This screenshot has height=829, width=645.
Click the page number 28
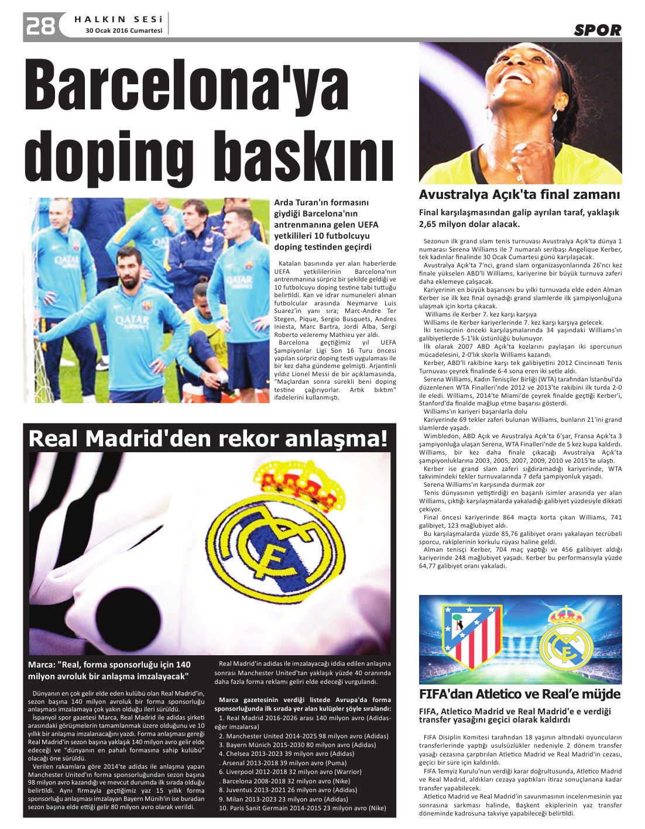point(40,26)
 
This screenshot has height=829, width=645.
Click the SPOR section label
point(597,30)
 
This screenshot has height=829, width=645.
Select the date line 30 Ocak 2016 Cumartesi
point(123,31)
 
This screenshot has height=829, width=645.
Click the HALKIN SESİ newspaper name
point(119,19)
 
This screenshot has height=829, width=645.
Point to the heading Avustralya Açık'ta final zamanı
point(519,195)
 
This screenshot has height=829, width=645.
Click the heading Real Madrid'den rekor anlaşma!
point(208,439)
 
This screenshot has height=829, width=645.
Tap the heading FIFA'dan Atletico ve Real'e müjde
point(520,694)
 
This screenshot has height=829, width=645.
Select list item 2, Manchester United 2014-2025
point(299,736)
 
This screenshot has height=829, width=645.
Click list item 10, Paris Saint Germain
point(303,808)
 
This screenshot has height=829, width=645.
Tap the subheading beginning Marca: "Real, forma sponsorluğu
point(109,670)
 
